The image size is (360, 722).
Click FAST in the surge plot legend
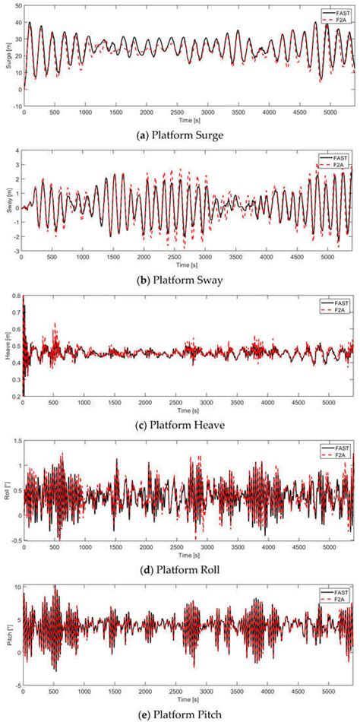[341, 13]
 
